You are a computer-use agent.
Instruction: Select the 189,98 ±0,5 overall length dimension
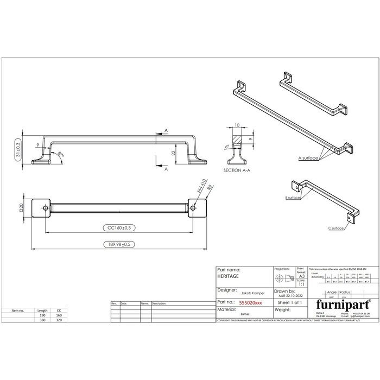[x=118, y=244]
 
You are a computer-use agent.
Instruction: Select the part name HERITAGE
[x=227, y=276]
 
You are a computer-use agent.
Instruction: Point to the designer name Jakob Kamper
[x=237, y=293]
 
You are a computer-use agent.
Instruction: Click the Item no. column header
[x=18, y=311]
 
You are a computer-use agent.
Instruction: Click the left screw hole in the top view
[x=41, y=207]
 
